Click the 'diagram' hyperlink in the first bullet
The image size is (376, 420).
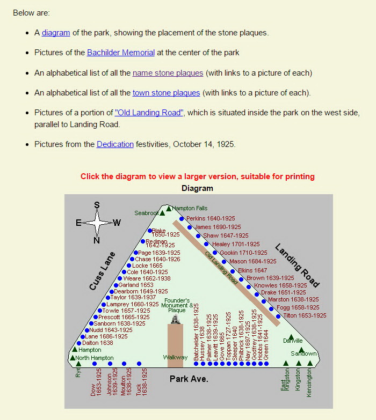click(56, 33)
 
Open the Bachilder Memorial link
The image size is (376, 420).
click(121, 53)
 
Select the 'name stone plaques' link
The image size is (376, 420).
click(168, 73)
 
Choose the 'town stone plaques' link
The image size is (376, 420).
click(166, 93)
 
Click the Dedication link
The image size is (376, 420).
click(115, 144)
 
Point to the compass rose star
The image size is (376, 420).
click(97, 222)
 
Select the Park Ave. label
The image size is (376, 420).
click(189, 379)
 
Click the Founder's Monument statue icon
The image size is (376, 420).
click(175, 319)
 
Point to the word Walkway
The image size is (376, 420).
click(175, 357)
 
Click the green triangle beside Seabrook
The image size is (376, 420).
click(162, 213)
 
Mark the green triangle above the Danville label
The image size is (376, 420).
click(291, 337)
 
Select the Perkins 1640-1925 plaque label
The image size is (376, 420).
click(211, 219)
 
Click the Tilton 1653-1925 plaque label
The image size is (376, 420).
click(305, 316)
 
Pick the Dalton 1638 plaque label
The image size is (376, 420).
click(98, 343)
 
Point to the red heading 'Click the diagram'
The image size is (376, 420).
click(197, 176)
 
